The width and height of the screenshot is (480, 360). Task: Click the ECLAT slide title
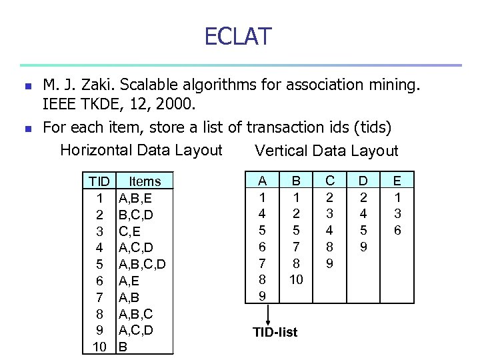coord(239,36)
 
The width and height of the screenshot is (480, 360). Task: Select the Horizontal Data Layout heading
coord(141,150)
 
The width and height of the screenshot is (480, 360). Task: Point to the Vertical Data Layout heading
coord(326,151)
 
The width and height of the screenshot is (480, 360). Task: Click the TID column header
coord(99,181)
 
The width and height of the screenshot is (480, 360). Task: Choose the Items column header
coord(145,181)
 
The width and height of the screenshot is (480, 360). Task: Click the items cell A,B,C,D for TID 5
coord(142,264)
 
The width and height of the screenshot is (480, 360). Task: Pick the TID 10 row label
coord(99,347)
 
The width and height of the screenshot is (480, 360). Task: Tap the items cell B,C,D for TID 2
coord(135,215)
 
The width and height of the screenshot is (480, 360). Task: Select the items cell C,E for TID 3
coord(129,231)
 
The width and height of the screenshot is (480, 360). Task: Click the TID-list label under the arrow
coord(275,332)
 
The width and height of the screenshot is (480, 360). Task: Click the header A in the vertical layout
coord(263,181)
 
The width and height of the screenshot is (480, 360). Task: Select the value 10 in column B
coord(296,280)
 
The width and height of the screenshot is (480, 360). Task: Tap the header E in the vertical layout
coord(397,181)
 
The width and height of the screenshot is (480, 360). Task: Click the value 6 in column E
coord(397,230)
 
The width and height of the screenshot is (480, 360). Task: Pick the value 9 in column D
coord(363,247)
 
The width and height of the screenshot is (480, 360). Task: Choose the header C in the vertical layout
coord(329,181)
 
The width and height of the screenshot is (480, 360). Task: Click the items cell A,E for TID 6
coord(129,281)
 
